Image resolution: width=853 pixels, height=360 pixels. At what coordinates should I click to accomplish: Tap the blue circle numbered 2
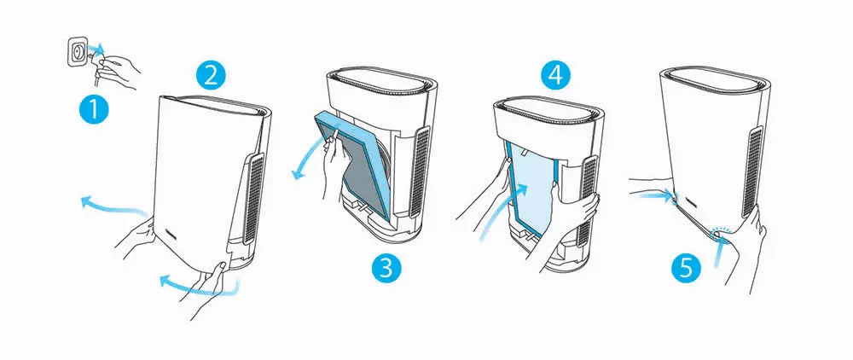(x=211, y=74)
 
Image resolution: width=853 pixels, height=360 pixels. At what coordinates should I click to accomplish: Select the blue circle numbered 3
(x=386, y=268)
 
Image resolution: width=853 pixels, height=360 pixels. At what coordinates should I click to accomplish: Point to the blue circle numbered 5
(x=687, y=267)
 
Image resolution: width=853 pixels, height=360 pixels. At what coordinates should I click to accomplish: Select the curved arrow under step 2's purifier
(x=199, y=287)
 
